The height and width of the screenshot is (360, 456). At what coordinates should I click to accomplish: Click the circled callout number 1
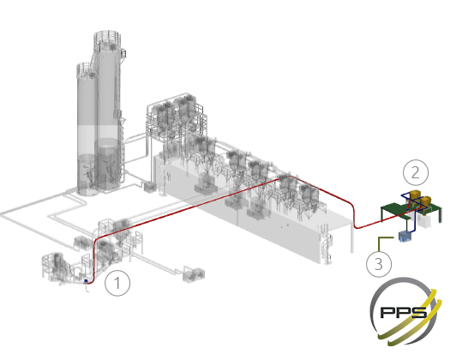[x=117, y=283]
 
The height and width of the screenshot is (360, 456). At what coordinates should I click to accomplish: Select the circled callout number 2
[x=416, y=172]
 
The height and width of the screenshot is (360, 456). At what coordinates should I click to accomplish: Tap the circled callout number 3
[x=379, y=264]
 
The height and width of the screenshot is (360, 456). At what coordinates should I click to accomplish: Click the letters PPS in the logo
[x=404, y=313]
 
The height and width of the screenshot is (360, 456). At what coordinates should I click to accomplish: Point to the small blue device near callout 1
[x=86, y=281]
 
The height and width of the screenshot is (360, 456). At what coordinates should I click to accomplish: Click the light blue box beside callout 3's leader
[x=404, y=237]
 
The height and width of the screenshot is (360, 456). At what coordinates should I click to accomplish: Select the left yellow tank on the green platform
[x=414, y=195]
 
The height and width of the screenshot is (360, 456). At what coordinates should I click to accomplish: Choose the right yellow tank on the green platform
[x=425, y=201]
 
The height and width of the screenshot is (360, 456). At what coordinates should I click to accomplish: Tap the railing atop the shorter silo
[x=86, y=69]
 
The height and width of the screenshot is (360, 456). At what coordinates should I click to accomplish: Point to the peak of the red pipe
[x=289, y=176]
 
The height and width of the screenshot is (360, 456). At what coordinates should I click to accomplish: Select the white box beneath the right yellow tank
[x=423, y=220]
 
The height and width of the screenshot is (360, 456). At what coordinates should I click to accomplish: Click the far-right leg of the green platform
[x=440, y=215]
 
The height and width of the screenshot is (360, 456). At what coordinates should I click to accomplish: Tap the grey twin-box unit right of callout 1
[x=194, y=274]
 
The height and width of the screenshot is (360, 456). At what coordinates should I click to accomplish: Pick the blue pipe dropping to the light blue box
[x=414, y=223]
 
